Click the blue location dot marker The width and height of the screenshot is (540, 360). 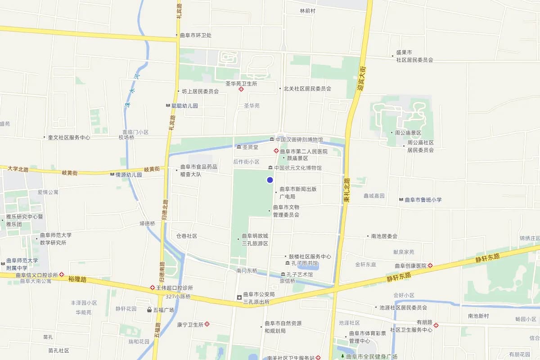pyautogui.click(x=270, y=180)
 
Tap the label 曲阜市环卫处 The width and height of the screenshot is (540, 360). pyautogui.click(x=195, y=35)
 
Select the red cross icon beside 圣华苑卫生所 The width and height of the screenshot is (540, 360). pyautogui.click(x=241, y=90)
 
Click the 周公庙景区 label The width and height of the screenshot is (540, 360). pyautogui.click(x=408, y=133)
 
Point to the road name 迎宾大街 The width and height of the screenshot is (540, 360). pyautogui.click(x=361, y=79)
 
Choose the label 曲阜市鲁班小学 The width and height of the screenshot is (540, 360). pyautogui.click(x=423, y=200)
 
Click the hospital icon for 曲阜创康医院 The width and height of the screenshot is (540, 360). pyautogui.click(x=430, y=265)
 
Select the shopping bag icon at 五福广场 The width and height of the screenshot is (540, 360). pyautogui.click(x=149, y=310)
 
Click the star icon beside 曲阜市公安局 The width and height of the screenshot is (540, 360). pyautogui.click(x=239, y=297)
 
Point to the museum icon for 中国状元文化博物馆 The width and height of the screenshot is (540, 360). pyautogui.click(x=270, y=168)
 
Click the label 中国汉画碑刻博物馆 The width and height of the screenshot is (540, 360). pyautogui.click(x=299, y=139)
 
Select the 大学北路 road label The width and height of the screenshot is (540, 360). pyautogui.click(x=18, y=169)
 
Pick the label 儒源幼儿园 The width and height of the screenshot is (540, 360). pyautogui.click(x=129, y=174)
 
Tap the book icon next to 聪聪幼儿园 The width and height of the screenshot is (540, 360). pyautogui.click(x=168, y=106)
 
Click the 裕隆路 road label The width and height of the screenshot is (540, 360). pyautogui.click(x=77, y=279)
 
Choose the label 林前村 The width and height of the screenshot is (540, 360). pyautogui.click(x=308, y=10)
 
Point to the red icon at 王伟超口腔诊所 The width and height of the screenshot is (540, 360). pyautogui.click(x=153, y=288)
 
